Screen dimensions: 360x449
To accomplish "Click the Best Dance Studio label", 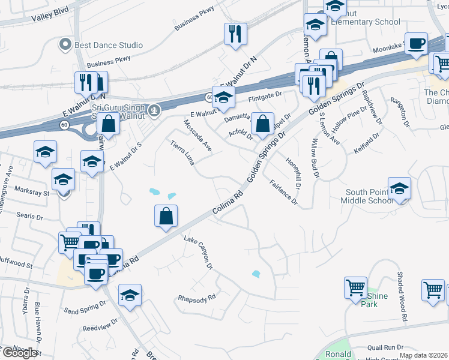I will click(x=109, y=45).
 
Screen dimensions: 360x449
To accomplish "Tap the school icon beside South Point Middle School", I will click(x=399, y=188).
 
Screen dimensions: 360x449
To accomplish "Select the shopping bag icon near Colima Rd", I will click(x=166, y=216).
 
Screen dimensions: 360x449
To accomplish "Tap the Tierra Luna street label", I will click(x=183, y=153).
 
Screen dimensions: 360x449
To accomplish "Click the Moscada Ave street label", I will click(x=197, y=135).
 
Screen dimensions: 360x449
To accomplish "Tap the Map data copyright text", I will click(x=424, y=355).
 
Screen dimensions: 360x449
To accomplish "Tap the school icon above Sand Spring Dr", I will click(x=130, y=296).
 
